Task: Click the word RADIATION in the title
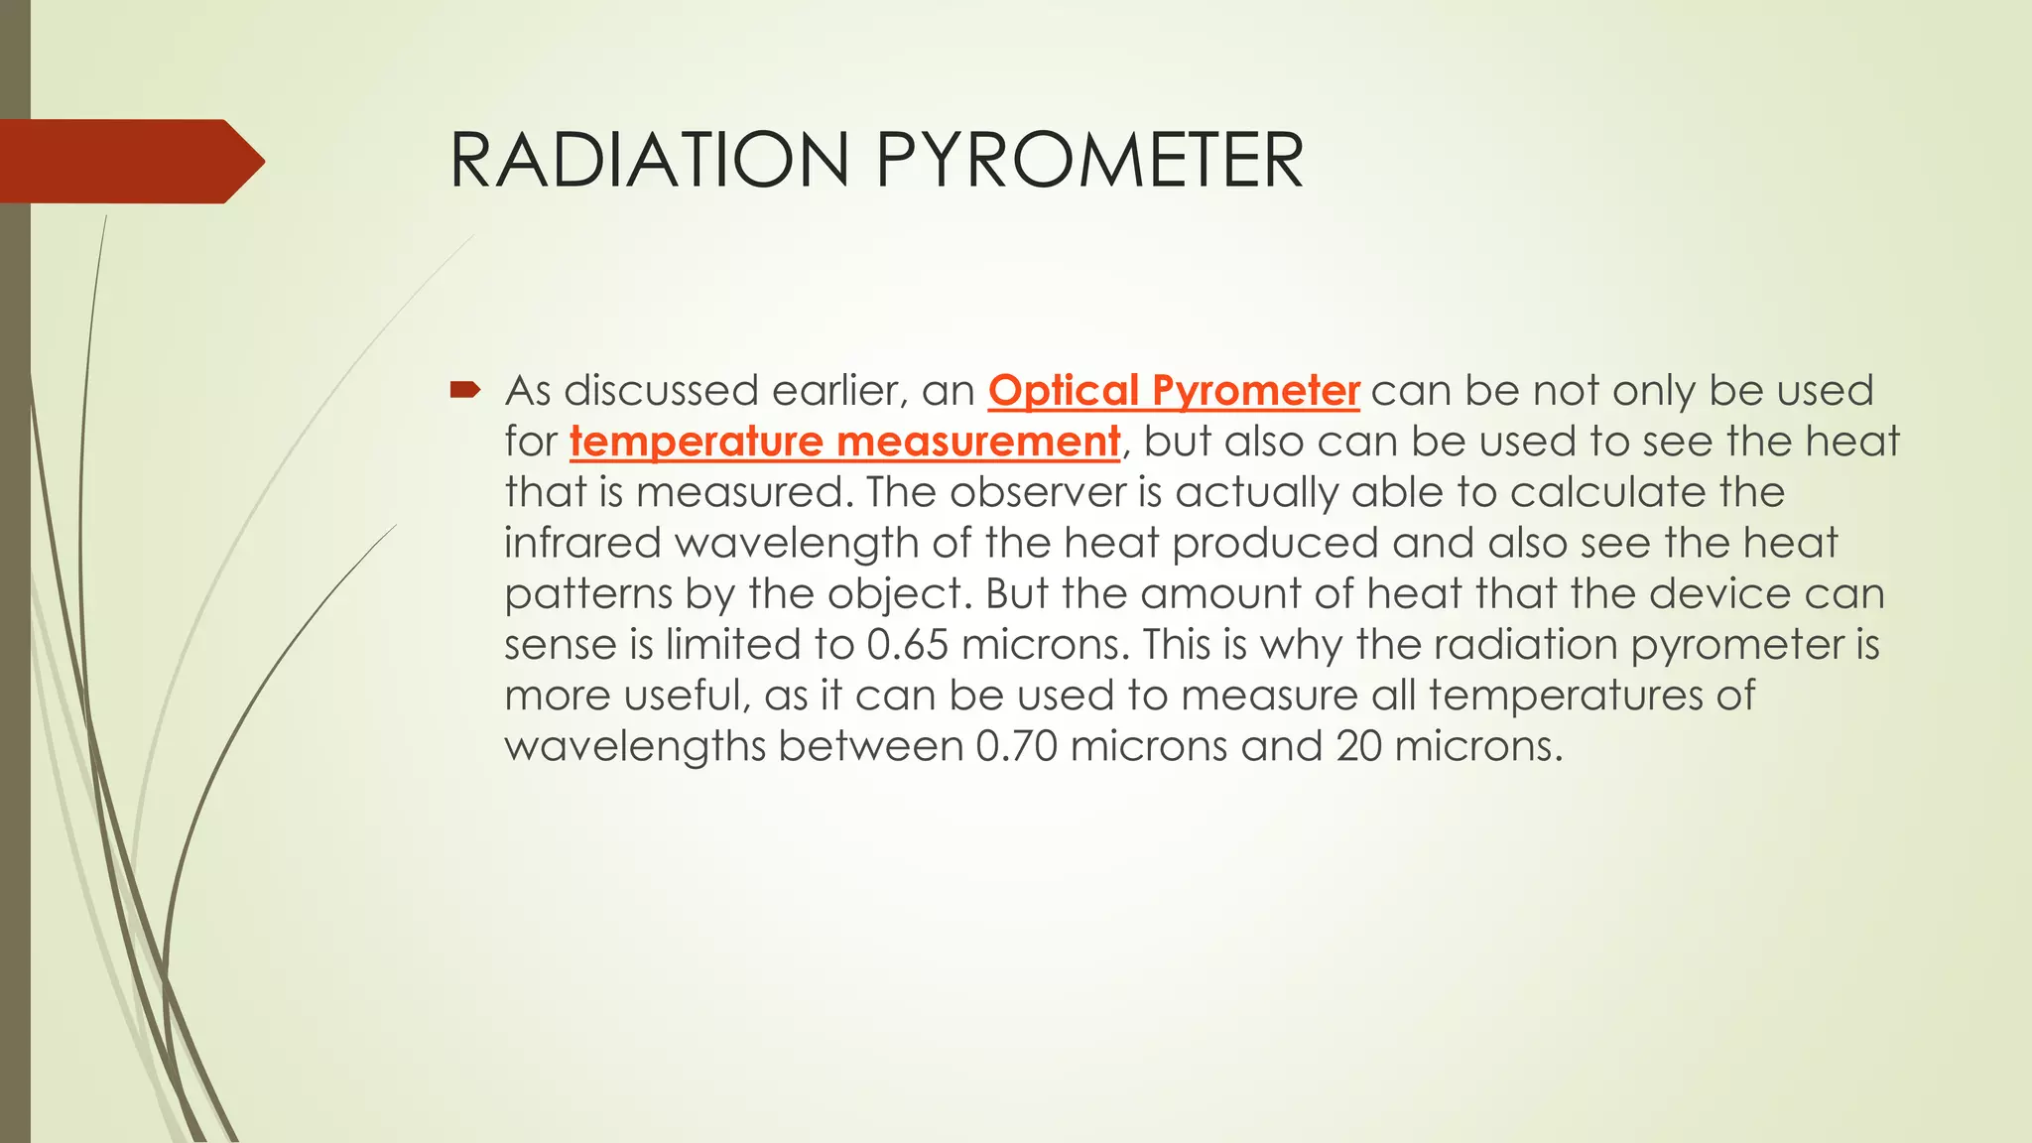tap(650, 161)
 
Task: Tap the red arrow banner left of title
tap(129, 161)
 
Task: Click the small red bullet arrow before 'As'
tap(464, 391)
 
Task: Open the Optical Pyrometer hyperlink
tap(1173, 391)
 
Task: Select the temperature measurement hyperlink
tap(844, 442)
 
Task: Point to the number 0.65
tap(907, 645)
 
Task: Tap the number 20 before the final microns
tap(1358, 746)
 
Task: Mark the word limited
tap(733, 645)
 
